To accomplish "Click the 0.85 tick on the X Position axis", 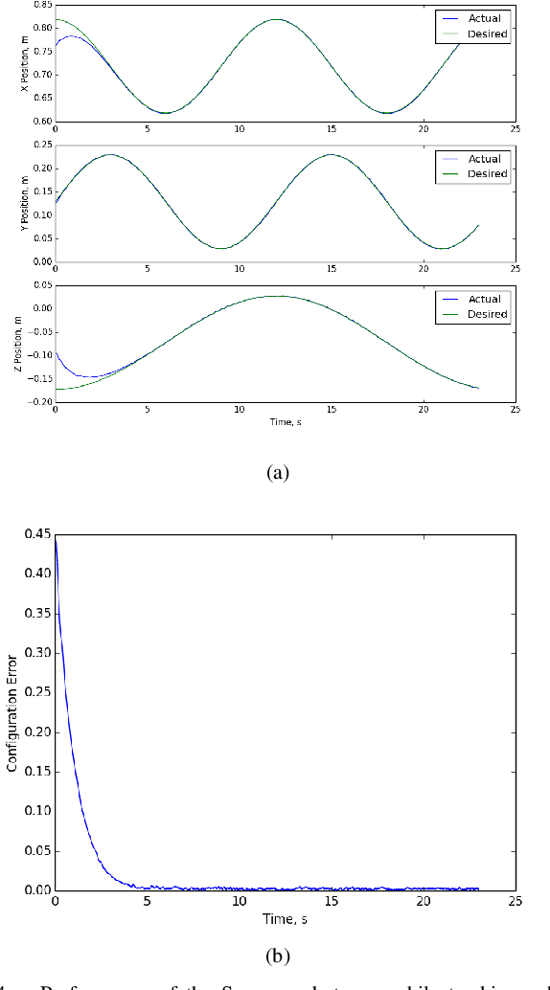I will tap(42, 5).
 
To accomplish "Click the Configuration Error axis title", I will tap(12, 708).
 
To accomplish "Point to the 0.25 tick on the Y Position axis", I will tap(42, 145).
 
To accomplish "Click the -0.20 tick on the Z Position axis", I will tap(39, 401).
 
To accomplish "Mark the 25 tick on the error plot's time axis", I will tap(515, 902).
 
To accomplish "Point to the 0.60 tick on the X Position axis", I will tap(42, 122).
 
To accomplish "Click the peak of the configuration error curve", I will tap(56, 540).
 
